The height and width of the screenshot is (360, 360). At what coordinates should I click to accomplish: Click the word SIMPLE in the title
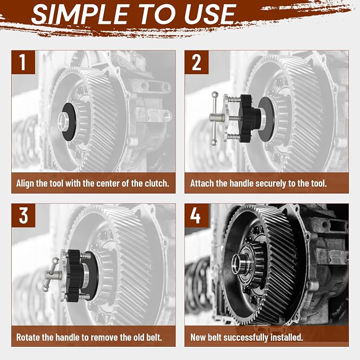point(80,14)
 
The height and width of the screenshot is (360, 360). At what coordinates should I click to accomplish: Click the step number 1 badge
point(23,62)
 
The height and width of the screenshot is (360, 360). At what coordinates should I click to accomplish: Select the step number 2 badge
point(197,62)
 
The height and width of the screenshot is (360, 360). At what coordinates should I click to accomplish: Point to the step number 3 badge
point(23,215)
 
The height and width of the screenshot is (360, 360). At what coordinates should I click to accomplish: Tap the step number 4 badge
point(197,215)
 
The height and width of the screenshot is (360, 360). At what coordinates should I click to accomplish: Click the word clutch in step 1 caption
point(156,183)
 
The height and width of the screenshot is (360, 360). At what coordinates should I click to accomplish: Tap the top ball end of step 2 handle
point(215,94)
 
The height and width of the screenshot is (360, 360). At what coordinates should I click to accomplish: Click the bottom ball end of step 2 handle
point(214,143)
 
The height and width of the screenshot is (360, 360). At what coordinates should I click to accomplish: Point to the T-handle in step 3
point(51,274)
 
